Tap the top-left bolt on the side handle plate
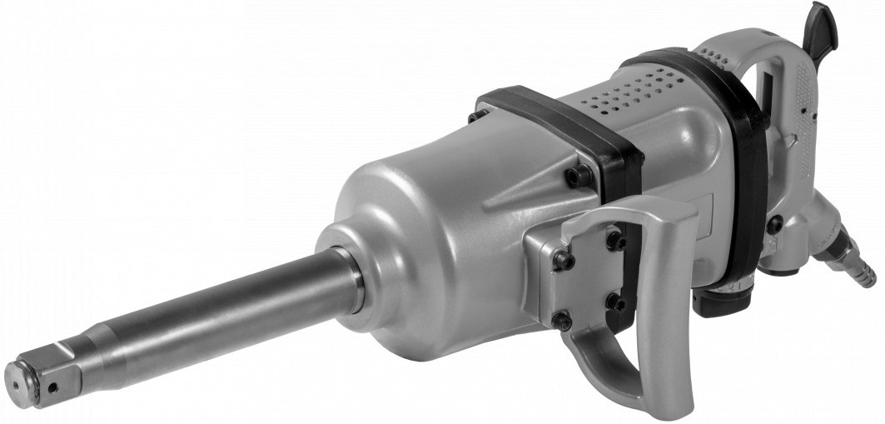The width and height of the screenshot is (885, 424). click(564, 261)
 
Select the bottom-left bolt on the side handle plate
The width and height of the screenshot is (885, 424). click(564, 320)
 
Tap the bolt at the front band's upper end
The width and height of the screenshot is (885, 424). click(476, 115)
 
